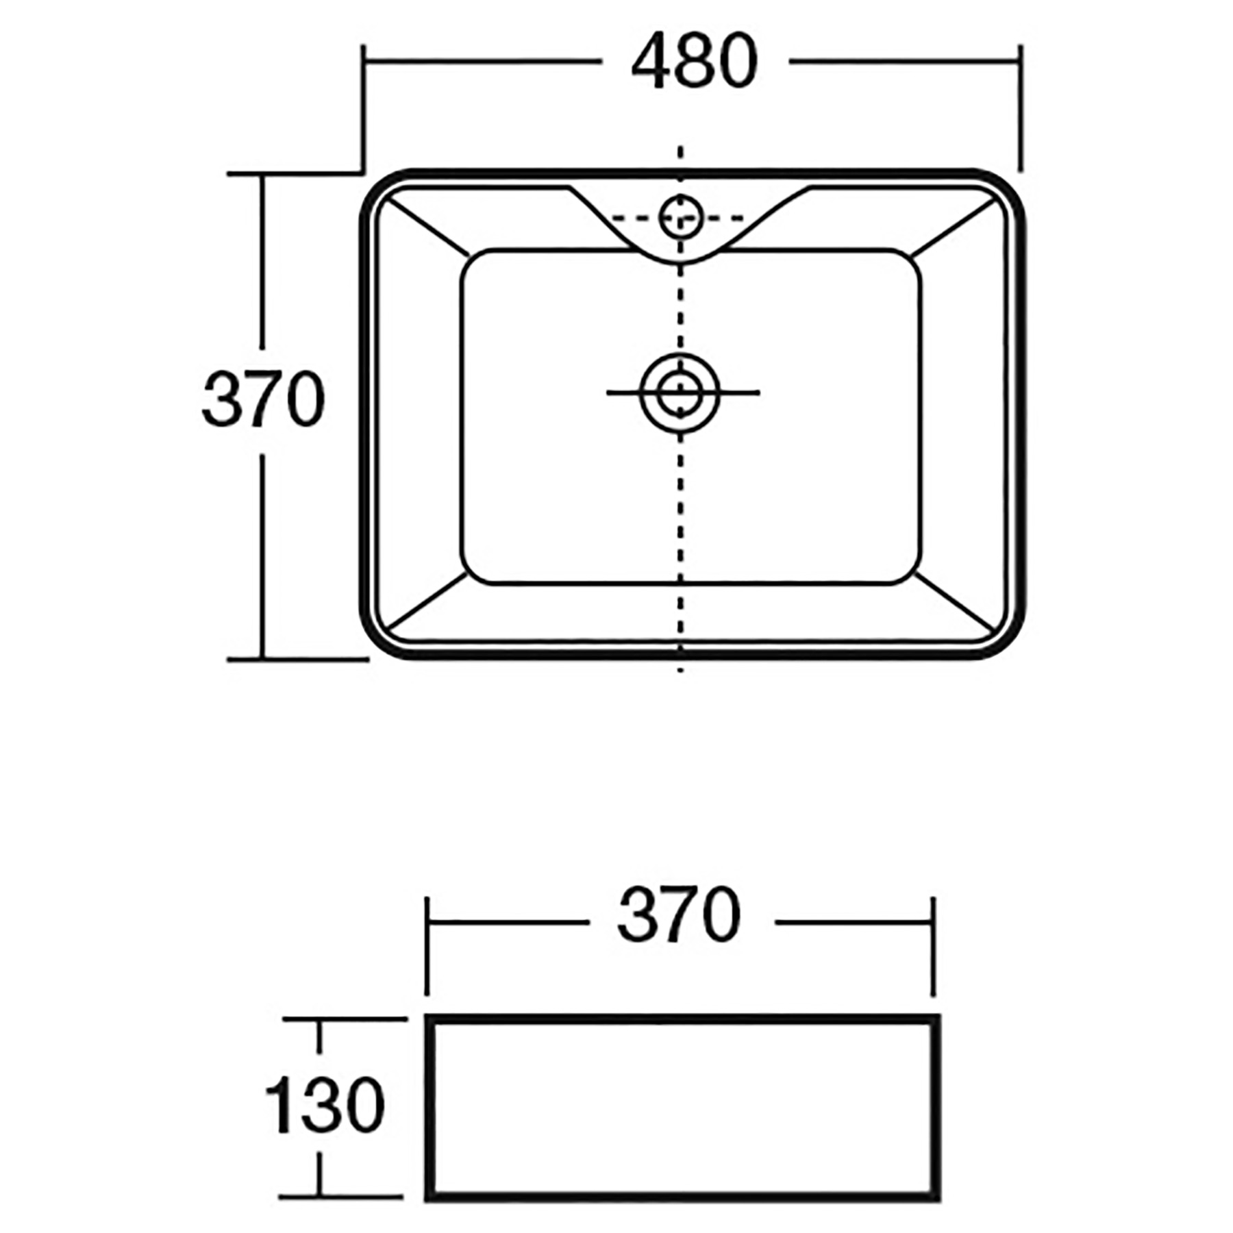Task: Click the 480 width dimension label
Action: [694, 62]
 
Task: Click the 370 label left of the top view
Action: [263, 400]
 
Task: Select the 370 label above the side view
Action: [679, 915]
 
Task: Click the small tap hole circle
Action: [680, 216]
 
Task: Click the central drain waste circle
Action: [680, 393]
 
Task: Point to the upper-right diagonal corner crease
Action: [955, 227]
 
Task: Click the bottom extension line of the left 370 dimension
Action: [298, 659]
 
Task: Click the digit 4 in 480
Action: [649, 62]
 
